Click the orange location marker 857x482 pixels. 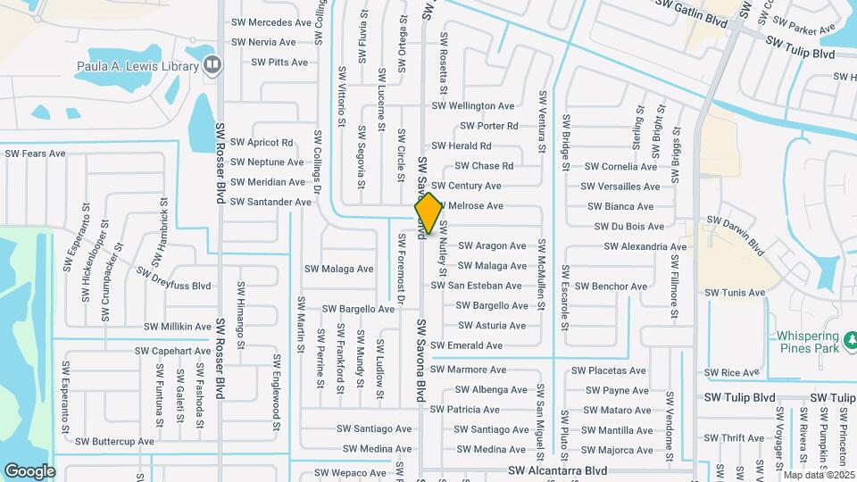click(x=428, y=213)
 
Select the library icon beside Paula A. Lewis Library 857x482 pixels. click(x=212, y=64)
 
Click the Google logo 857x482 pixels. click(x=29, y=470)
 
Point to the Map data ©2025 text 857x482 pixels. click(x=818, y=474)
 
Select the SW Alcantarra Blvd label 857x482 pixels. click(x=558, y=470)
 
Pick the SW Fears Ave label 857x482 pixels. click(x=36, y=154)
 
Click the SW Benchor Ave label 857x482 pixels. click(x=611, y=287)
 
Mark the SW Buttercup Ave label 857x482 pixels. click(x=114, y=441)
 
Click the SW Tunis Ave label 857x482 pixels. click(x=735, y=293)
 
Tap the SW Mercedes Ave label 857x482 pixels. click(x=271, y=22)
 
